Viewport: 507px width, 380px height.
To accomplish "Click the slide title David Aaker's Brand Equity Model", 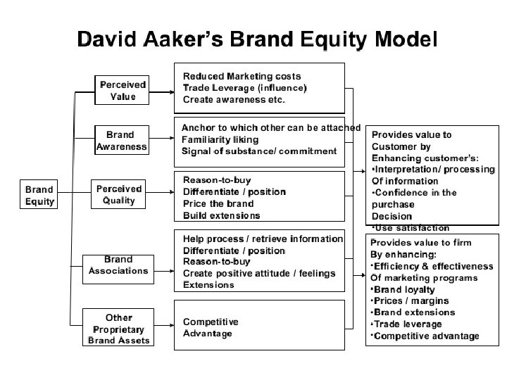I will point(257,38).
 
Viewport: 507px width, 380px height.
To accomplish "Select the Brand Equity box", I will point(40,195).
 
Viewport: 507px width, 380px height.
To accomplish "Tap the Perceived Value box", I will point(122,90).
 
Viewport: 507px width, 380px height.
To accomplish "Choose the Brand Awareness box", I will point(122,141).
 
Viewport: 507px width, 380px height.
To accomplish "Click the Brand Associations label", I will point(118,265).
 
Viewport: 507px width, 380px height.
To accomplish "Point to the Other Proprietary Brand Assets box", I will point(119,329).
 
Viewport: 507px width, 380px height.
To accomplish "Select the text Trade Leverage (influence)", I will point(244,88).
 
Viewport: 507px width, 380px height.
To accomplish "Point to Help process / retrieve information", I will point(263,239).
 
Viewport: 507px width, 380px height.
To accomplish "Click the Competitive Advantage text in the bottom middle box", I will point(211,327).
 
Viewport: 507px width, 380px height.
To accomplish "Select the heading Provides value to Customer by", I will point(411,140).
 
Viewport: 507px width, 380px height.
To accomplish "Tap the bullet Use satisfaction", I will point(412,227).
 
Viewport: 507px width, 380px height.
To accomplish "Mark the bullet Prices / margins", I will point(407,300).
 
